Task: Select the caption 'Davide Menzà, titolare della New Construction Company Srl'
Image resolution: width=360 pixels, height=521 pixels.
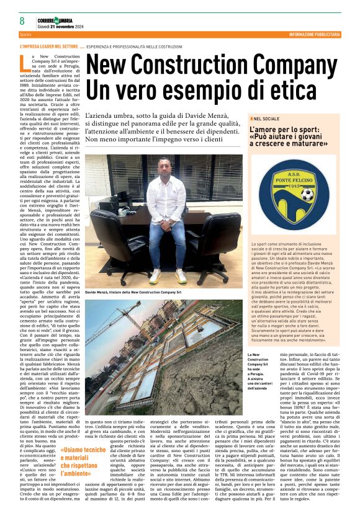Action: [x=133, y=290]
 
